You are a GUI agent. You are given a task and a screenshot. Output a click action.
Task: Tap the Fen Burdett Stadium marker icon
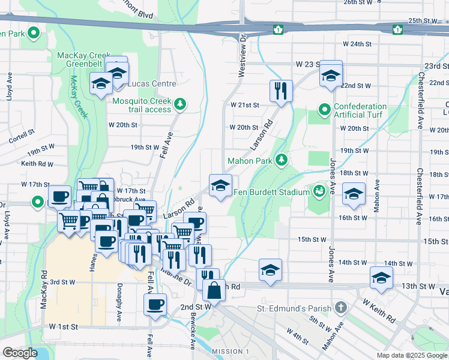(319, 192)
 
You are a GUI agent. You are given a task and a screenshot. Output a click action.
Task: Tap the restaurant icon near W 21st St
(281, 91)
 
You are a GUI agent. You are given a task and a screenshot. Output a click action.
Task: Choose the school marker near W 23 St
(330, 74)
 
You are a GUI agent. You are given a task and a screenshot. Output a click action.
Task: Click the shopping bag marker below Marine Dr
(214, 291)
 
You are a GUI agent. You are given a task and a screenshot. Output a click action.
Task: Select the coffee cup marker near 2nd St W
(155, 304)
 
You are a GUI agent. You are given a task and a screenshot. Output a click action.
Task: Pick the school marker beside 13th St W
(381, 277)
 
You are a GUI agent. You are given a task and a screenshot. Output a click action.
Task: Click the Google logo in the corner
(20, 353)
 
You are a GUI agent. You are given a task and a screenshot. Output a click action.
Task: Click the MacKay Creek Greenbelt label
(81, 59)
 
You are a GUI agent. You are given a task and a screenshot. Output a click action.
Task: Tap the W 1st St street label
(64, 326)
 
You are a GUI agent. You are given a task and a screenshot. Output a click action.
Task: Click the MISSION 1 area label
(231, 351)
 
